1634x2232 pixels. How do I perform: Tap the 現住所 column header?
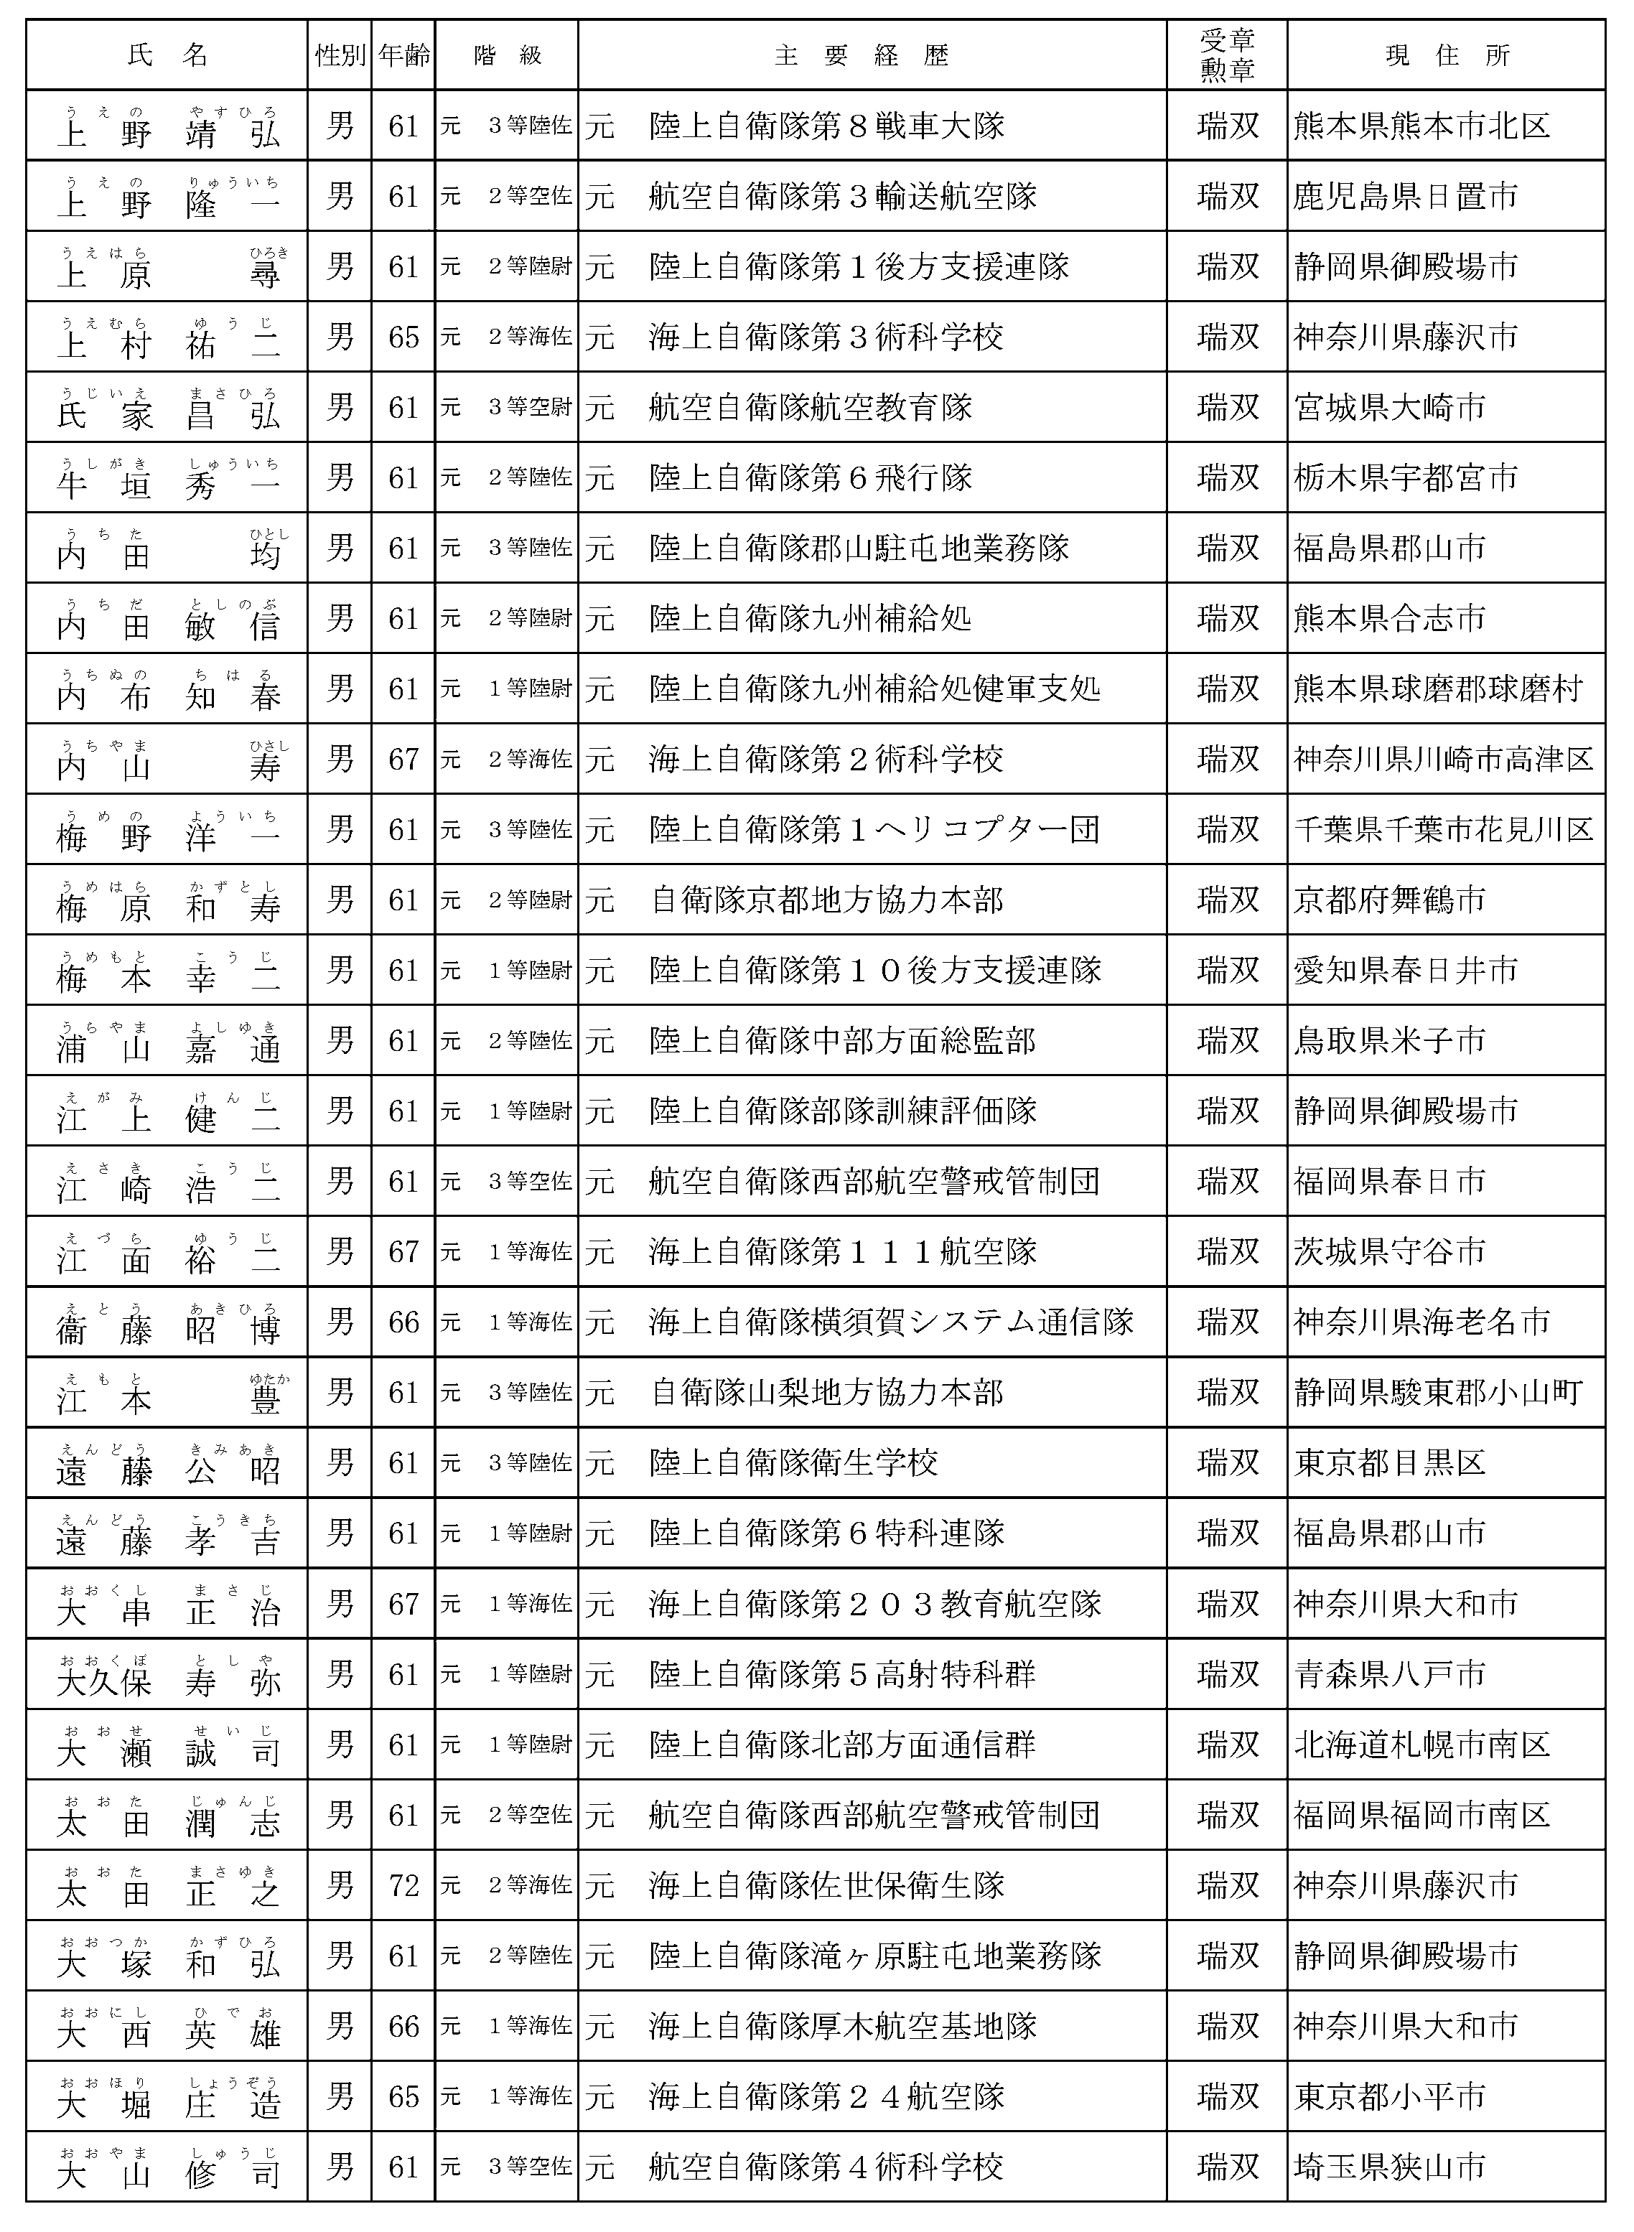point(1445,55)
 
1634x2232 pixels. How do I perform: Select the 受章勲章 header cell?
point(1226,55)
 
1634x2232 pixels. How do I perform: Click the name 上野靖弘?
point(168,129)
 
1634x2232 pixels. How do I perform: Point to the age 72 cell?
point(403,1886)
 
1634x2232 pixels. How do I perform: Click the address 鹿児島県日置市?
point(1404,197)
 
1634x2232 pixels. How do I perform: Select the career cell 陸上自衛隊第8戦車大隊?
point(827,126)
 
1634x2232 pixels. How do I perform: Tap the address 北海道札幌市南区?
point(1421,1745)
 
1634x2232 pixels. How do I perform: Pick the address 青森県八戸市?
point(1390,1674)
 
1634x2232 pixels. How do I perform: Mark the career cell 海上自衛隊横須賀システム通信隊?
point(890,1322)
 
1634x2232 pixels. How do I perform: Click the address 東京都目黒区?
point(1390,1462)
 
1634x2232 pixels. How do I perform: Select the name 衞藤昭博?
point(168,1326)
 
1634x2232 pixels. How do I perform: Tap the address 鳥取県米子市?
point(1390,1040)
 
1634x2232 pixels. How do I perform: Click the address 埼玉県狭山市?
point(1390,2167)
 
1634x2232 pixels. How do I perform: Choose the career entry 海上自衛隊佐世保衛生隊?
point(827,1886)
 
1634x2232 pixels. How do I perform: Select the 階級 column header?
point(506,55)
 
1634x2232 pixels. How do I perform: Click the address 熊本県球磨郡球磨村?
point(1438,688)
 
